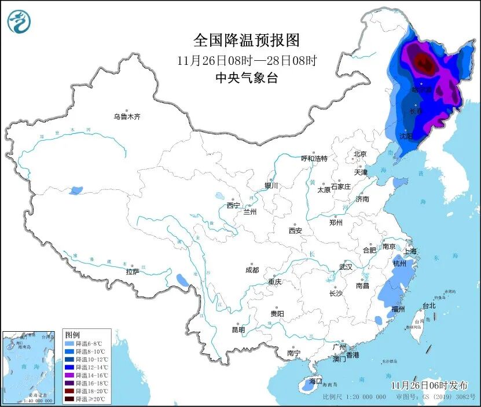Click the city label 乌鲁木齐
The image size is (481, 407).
click(127, 116)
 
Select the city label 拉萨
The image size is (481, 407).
click(133, 271)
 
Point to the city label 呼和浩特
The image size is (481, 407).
click(314, 158)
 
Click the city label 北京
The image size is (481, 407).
click(360, 154)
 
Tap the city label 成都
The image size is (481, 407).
click(252, 270)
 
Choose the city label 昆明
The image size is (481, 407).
click(238, 330)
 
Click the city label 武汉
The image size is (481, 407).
click(346, 267)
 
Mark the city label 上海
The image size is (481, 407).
click(410, 251)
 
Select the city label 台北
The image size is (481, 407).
click(428, 305)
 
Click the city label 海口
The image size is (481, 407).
click(315, 381)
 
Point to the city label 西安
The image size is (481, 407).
click(295, 230)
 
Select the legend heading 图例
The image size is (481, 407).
click(72, 335)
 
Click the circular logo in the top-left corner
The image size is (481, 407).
click(19, 22)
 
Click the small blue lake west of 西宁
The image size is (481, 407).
click(219, 196)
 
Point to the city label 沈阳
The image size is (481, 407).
click(406, 137)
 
